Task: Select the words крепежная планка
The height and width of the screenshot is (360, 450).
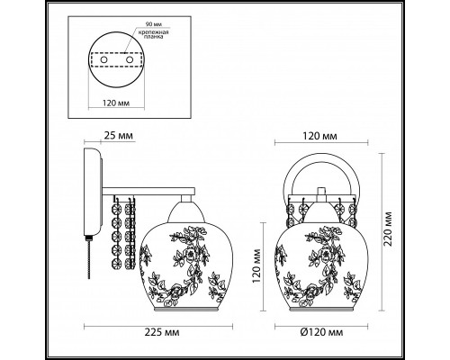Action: pyautogui.click(x=155, y=36)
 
